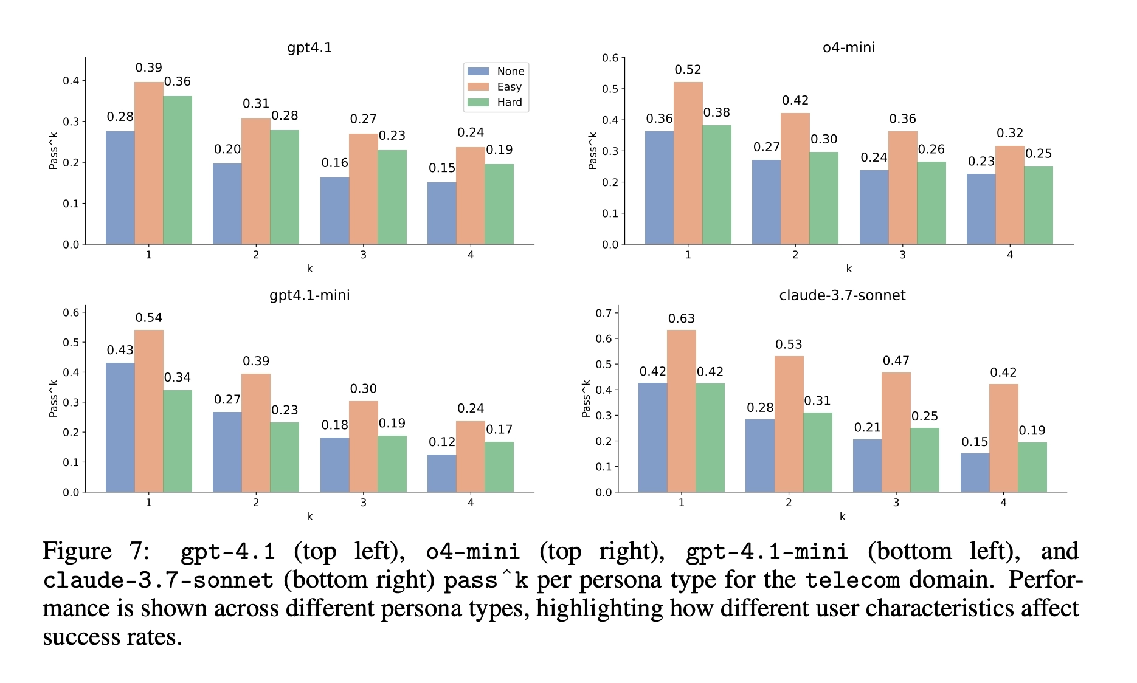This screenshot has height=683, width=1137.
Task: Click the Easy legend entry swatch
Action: [x=478, y=87]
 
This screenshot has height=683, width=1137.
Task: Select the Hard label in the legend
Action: [x=510, y=102]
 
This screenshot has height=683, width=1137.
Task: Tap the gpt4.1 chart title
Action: [x=309, y=47]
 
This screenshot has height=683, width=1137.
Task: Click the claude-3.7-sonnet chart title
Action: [x=842, y=295]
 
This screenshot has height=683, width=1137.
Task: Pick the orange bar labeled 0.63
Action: [x=682, y=411]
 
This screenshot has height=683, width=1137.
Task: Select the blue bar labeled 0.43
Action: [x=120, y=427]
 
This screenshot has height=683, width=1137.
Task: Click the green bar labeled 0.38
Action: [x=717, y=185]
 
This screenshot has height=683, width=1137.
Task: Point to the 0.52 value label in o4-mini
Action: [x=688, y=70]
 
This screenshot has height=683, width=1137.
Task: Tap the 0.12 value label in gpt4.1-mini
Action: [x=442, y=442]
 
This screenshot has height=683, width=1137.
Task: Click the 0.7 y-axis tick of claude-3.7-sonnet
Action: [x=604, y=313]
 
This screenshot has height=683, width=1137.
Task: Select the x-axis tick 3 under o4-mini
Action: [x=902, y=255]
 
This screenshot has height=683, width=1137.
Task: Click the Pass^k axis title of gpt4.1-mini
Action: [x=54, y=399]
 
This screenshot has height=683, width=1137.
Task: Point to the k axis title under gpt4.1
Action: [x=309, y=269]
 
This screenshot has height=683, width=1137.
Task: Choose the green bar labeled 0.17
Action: [x=499, y=467]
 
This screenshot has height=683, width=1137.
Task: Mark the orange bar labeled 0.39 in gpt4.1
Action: [x=149, y=163]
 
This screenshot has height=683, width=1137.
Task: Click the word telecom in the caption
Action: [x=852, y=580]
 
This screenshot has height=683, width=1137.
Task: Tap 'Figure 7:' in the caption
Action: [x=96, y=551]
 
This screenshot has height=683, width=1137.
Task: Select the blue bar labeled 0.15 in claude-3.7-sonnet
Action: [x=975, y=472]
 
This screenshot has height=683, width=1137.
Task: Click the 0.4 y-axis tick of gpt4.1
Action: [x=71, y=81]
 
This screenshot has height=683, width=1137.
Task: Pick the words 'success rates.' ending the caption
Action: [x=112, y=637]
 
